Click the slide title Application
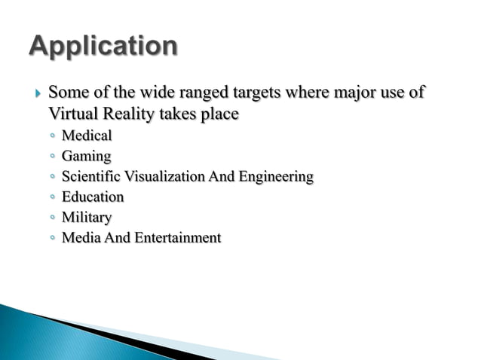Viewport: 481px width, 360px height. click(103, 47)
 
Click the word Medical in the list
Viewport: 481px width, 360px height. click(86, 136)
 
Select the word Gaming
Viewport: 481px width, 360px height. click(86, 157)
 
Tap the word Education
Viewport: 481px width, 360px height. click(92, 197)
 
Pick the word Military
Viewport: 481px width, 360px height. click(86, 218)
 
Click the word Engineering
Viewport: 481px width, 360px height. click(274, 177)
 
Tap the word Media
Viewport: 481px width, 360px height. click(78, 238)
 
